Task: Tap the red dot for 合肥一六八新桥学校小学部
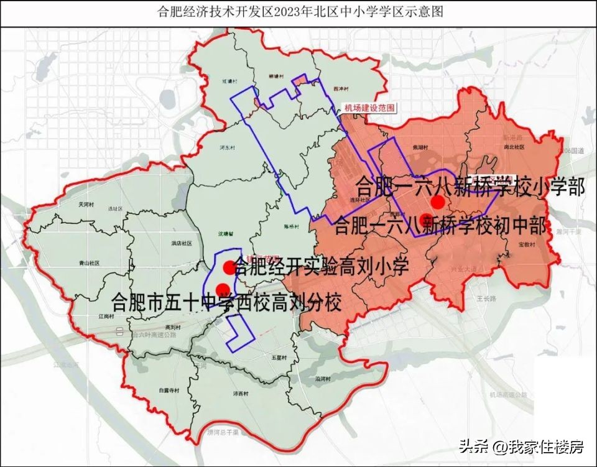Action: pos(438,202)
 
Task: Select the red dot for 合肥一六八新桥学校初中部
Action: pos(427,219)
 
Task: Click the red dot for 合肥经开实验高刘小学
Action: pos(229,267)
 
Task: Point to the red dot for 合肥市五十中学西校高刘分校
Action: pos(222,287)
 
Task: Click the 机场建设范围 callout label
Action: pos(369,108)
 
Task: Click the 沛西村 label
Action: pos(240,394)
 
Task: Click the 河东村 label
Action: pos(226,148)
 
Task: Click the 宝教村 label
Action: pos(526,245)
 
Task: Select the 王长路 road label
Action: pos(487,299)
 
